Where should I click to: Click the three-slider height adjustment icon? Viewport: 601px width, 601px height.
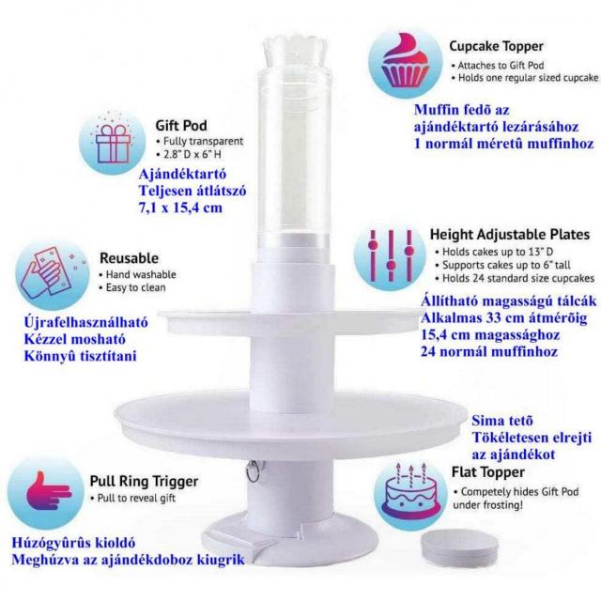point(391,255)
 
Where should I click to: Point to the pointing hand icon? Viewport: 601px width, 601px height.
point(48,491)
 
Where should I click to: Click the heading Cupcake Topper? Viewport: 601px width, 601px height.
point(496,46)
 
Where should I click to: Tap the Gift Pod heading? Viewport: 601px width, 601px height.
point(181,125)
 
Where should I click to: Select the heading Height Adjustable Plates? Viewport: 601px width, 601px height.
point(509,234)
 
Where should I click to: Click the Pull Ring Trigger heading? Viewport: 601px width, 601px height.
point(144,481)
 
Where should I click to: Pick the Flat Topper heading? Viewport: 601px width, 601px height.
point(488,472)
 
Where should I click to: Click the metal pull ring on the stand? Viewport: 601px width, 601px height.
point(253,471)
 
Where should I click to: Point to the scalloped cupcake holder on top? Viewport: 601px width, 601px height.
point(297,53)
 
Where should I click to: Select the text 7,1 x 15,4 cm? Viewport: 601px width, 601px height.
point(180,208)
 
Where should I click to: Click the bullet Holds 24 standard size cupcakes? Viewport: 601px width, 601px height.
point(515,278)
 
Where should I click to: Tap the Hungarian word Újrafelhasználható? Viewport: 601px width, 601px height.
point(85,322)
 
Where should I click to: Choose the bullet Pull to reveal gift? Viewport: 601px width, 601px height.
point(133,498)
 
